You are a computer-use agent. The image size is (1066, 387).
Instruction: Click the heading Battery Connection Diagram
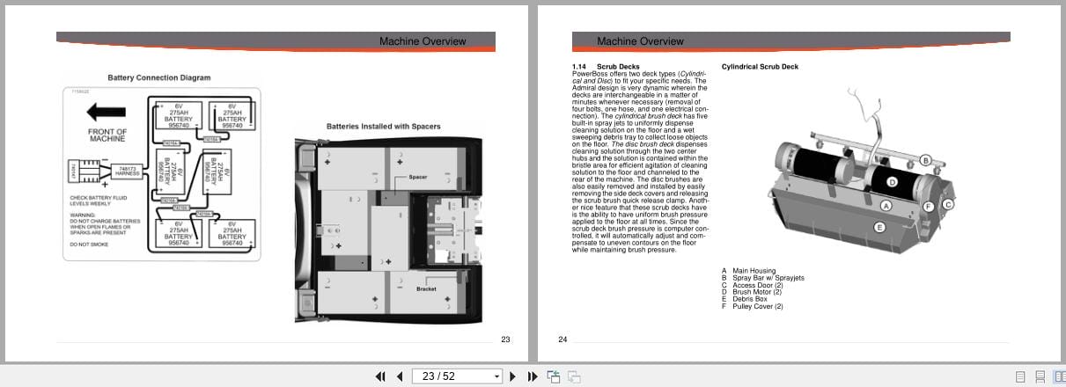(x=159, y=77)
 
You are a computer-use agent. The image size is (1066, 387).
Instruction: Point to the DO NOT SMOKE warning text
(x=90, y=244)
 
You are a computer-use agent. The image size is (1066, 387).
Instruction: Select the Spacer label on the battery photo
(x=417, y=177)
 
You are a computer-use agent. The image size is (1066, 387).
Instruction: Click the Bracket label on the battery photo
(x=426, y=288)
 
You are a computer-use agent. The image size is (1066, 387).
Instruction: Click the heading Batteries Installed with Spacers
(x=383, y=126)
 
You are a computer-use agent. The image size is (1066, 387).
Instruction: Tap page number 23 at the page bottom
(x=505, y=339)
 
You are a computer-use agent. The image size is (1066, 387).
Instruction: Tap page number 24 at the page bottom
(x=562, y=339)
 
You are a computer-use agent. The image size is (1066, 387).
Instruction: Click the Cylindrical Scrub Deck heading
(x=760, y=66)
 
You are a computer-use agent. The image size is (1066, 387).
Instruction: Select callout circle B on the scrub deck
(x=925, y=160)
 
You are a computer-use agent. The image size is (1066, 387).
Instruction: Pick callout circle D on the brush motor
(x=891, y=182)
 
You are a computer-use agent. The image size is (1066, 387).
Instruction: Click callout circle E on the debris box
(x=879, y=227)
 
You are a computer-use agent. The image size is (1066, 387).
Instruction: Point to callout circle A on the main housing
(x=886, y=205)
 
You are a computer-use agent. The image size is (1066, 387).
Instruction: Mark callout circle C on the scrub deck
(x=948, y=204)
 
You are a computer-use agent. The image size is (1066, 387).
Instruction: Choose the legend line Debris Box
(x=749, y=299)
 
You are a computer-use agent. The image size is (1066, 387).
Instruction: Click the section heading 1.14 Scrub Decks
(x=606, y=66)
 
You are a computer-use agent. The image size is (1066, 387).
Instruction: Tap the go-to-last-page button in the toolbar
(x=533, y=376)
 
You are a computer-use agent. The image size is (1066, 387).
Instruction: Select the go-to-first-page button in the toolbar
(x=380, y=376)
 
